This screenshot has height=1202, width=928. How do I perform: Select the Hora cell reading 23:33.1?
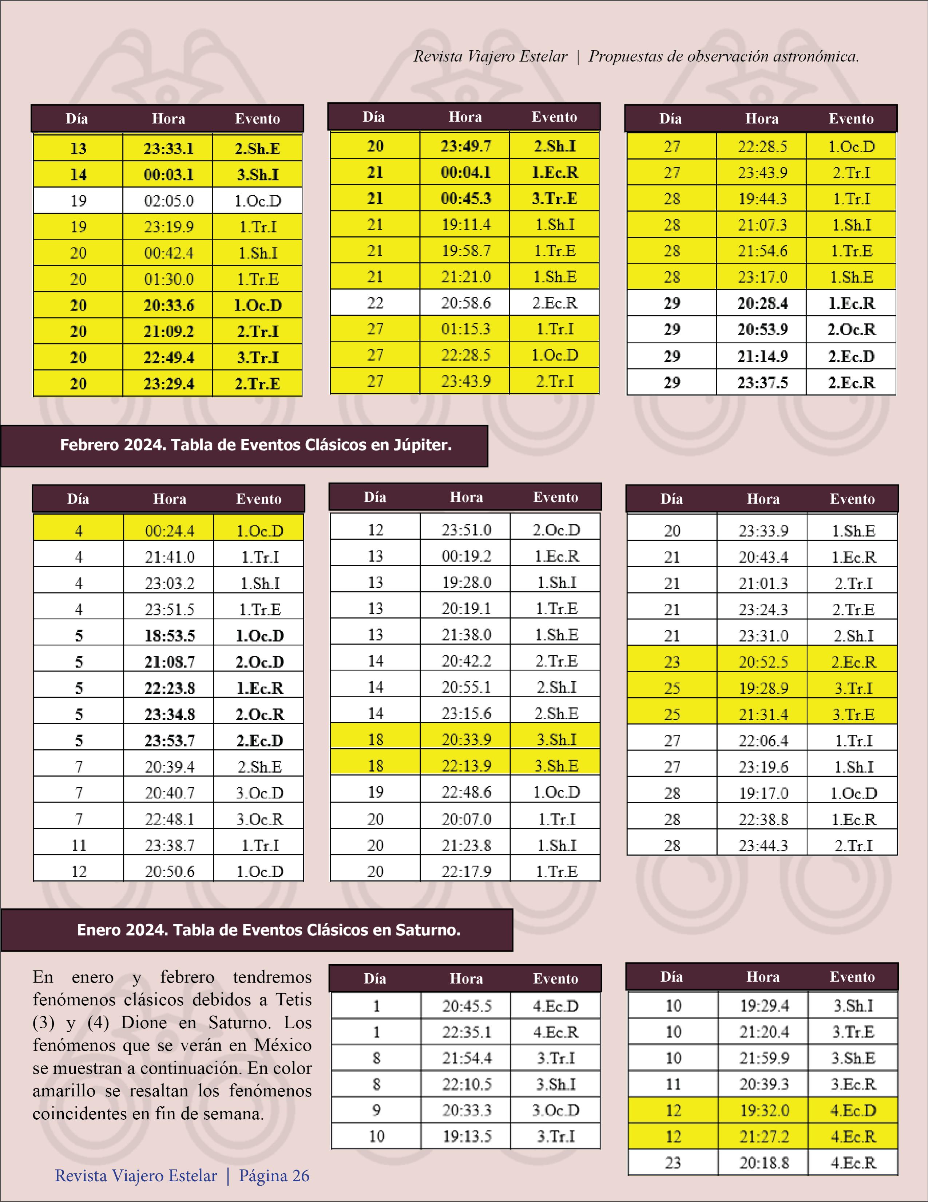(168, 149)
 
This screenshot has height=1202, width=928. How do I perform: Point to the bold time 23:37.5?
(762, 382)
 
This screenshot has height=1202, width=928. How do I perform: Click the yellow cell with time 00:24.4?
(170, 531)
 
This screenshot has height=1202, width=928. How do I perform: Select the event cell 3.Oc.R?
(259, 819)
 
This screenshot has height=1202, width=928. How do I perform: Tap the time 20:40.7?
(170, 792)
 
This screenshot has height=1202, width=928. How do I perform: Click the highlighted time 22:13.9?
(466, 765)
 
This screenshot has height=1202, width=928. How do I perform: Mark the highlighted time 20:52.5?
(763, 662)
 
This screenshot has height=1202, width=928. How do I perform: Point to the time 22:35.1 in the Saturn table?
(467, 1032)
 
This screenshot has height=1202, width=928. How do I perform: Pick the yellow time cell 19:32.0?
(764, 1110)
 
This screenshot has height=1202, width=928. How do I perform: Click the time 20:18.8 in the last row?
(764, 1162)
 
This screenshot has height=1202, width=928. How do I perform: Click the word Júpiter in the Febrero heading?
(422, 445)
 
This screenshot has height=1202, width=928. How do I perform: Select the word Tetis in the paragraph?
(293, 1000)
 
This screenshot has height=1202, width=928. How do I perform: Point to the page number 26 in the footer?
(300, 1175)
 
